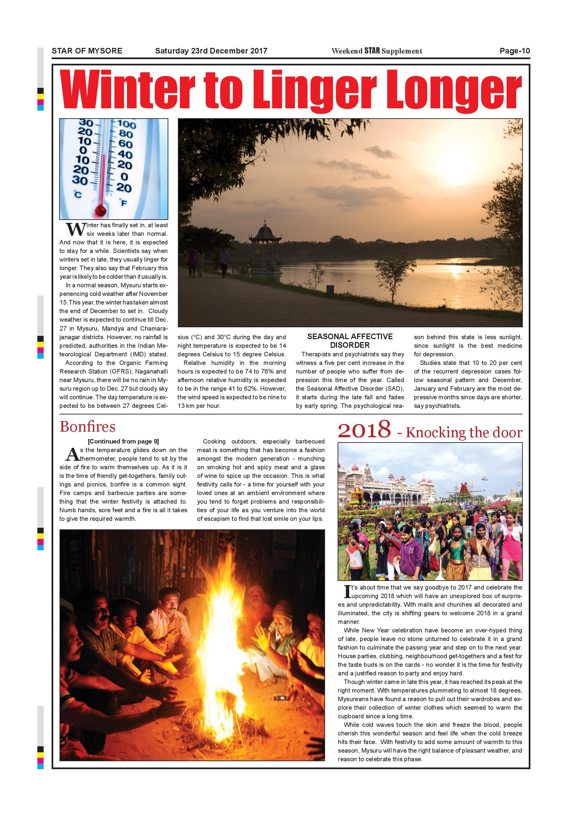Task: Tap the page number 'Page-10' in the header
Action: pos(515,51)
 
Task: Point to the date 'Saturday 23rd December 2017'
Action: pos(211,51)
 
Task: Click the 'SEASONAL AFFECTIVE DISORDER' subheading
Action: pos(350,341)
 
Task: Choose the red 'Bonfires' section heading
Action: pos(88,427)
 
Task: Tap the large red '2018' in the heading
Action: pos(364,430)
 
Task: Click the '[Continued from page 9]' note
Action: pos(123,442)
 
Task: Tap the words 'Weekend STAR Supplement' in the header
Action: pos(377,51)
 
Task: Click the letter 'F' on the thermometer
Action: pos(124,203)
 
